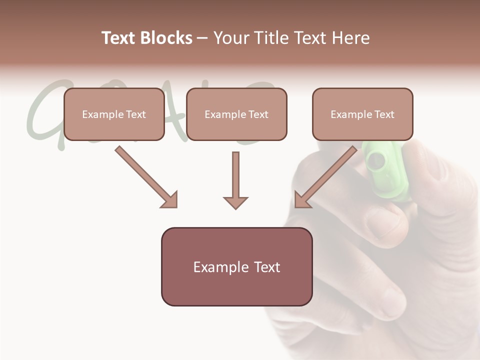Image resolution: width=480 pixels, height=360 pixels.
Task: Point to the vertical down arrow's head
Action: click(235, 202)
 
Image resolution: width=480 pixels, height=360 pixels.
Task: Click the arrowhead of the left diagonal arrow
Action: click(170, 200)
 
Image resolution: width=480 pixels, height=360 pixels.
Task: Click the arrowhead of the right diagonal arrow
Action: click(302, 200)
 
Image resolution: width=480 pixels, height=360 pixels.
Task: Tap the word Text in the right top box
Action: click(384, 114)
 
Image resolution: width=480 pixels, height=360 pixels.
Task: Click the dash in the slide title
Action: click(203, 38)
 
